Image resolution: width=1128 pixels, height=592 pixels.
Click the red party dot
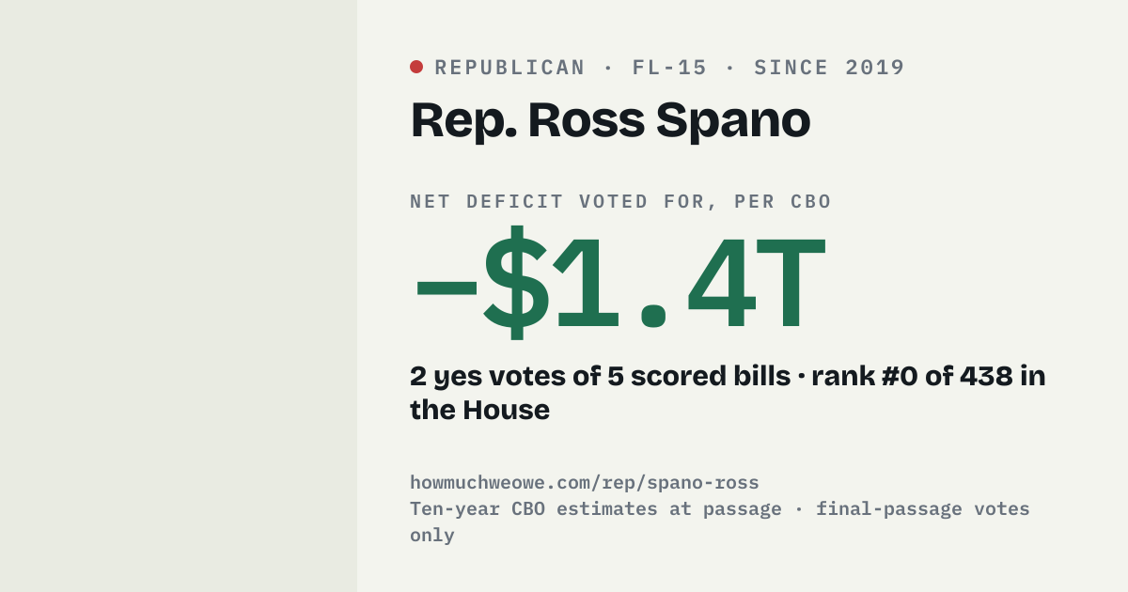tap(416, 67)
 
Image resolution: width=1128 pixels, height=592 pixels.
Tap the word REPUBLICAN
tap(509, 68)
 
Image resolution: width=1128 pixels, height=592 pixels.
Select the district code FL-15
tap(669, 68)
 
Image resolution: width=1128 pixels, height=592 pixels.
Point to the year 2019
tap(875, 68)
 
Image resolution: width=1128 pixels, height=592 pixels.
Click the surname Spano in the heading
tap(733, 121)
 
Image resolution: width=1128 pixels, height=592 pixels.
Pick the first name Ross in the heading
tap(587, 120)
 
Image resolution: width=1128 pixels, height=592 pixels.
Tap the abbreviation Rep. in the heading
tap(463, 121)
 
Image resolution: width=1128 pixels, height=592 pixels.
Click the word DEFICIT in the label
tap(514, 202)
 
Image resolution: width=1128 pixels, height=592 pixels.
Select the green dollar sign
tap(516, 283)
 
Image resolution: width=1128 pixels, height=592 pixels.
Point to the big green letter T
tap(791, 284)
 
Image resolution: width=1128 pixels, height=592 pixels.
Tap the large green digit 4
tap(722, 284)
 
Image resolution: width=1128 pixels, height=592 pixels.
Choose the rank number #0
tap(900, 376)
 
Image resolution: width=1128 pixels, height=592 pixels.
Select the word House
tap(506, 410)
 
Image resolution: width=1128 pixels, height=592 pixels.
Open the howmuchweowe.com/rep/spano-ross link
tap(584, 483)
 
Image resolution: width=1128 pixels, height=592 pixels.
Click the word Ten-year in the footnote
tap(455, 509)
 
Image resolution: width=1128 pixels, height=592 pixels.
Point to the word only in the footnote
tap(432, 535)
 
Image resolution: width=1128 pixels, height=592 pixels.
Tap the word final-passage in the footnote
tap(889, 509)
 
